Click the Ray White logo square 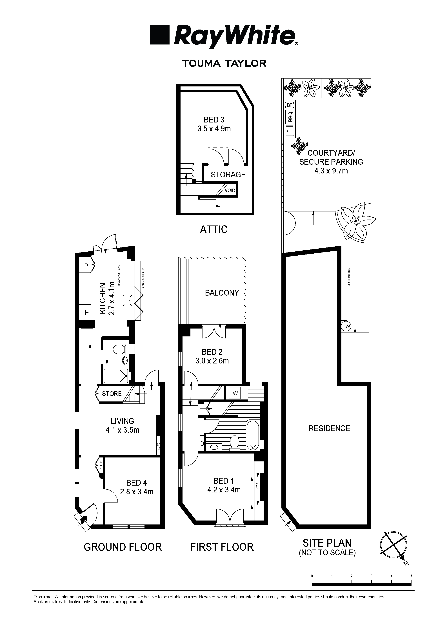click(x=159, y=35)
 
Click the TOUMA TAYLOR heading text click(x=224, y=64)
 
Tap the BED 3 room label click(x=214, y=120)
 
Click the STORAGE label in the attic click(x=228, y=175)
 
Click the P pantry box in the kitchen click(x=86, y=266)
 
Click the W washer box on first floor click(x=235, y=393)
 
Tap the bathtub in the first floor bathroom click(x=253, y=435)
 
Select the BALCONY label click(x=222, y=293)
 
